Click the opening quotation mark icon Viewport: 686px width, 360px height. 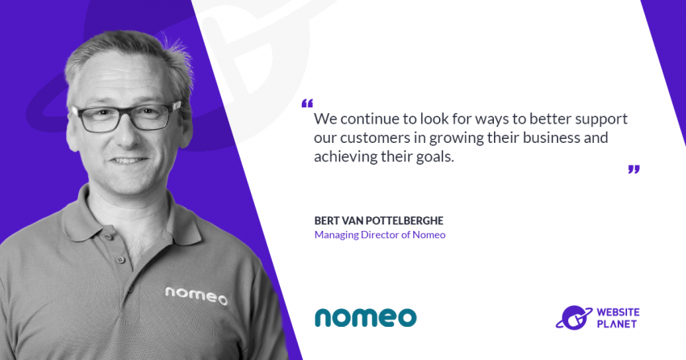tap(307, 103)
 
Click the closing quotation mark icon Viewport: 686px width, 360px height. tap(634, 170)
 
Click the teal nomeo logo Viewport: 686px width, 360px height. tap(366, 317)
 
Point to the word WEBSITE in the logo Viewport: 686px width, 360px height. tap(617, 312)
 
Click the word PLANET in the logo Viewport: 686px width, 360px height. tap(617, 324)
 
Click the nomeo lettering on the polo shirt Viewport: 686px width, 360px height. tap(196, 295)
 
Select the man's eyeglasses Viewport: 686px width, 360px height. tap(127, 117)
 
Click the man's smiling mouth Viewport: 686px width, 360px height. tap(128, 161)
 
